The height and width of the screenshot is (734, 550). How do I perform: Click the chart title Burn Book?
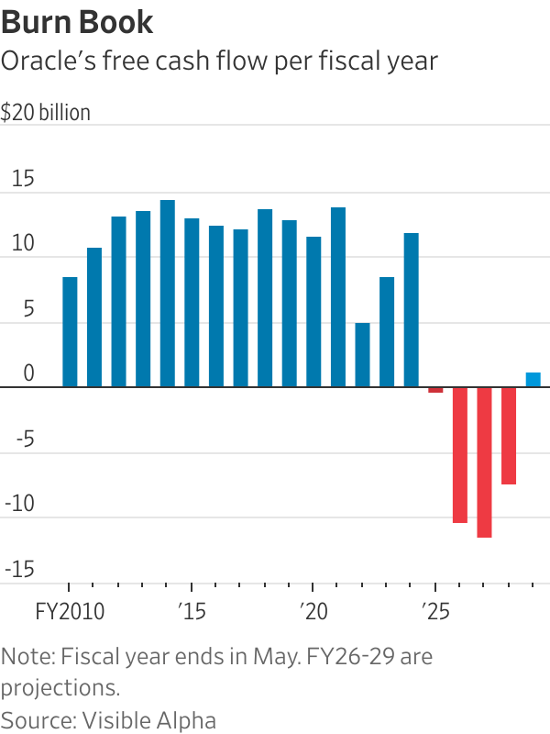(x=77, y=22)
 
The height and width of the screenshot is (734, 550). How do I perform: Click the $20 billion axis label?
(x=46, y=113)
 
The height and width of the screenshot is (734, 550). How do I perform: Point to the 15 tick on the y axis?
(x=22, y=180)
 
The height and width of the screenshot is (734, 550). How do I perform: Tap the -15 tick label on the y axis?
(x=19, y=570)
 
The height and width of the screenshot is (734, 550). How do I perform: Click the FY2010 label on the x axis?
(x=70, y=610)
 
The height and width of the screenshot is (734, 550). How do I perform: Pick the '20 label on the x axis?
(x=313, y=610)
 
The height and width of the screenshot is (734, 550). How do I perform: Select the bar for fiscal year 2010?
(x=70, y=332)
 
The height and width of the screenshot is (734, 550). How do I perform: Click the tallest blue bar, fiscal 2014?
(x=168, y=294)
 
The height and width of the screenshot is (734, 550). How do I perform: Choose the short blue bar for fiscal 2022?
(x=362, y=355)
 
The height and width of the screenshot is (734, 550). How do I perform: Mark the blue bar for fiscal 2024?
(x=411, y=310)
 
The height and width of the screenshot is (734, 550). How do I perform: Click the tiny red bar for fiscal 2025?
(x=435, y=390)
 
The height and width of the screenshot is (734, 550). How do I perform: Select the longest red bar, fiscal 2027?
(x=484, y=462)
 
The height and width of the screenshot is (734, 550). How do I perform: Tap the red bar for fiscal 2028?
(x=509, y=436)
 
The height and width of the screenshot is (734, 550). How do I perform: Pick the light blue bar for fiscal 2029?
(x=533, y=380)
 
